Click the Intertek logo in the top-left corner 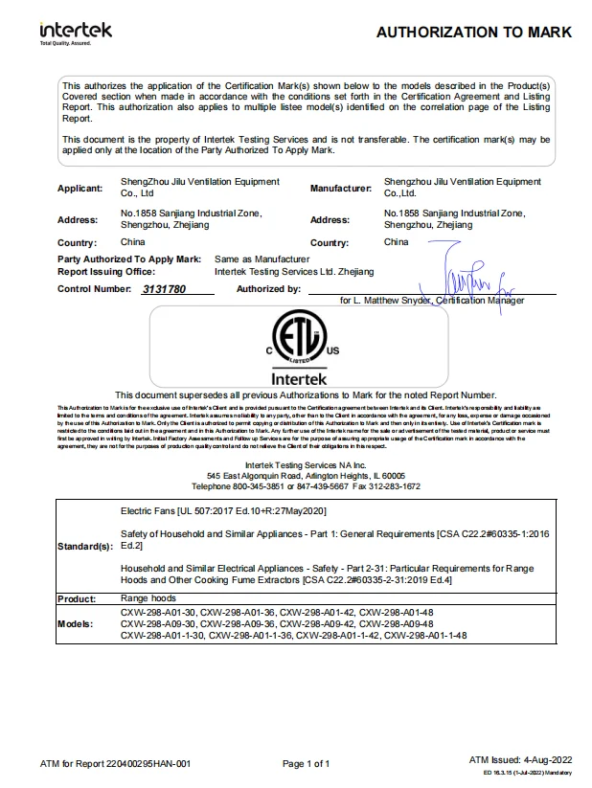[x=75, y=32]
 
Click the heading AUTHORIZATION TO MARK [x=473, y=33]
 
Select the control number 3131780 [x=164, y=288]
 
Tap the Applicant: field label [x=80, y=189]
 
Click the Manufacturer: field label [x=340, y=189]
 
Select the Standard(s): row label [x=85, y=546]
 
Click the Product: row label [x=77, y=598]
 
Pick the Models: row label [x=76, y=622]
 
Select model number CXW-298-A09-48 [x=424, y=622]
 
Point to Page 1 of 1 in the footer [x=307, y=763]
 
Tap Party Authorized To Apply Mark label [x=129, y=259]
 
